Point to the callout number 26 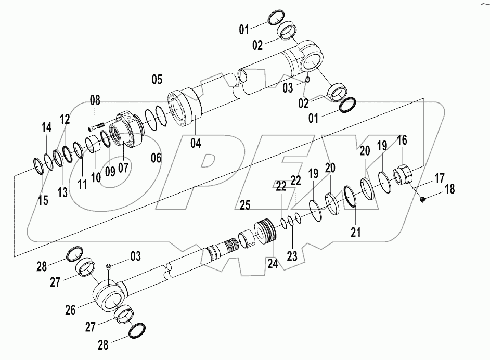[70, 310]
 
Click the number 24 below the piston [273, 264]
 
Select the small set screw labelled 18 [423, 198]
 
